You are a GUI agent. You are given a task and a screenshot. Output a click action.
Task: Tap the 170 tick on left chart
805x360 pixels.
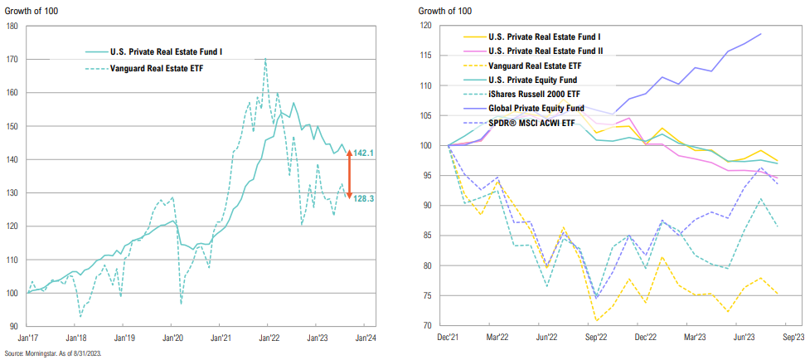12,60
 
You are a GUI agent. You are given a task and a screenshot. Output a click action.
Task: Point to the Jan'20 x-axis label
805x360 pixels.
172,338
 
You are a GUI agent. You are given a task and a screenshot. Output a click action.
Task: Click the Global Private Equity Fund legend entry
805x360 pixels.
538,108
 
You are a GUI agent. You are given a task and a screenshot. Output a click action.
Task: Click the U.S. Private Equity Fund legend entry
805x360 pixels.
536,80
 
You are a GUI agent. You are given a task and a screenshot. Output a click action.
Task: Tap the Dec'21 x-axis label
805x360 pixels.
449,338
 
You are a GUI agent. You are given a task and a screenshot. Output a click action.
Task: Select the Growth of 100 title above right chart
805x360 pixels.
444,11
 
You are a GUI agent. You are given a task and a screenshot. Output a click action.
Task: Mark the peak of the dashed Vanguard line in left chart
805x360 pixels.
265,59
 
